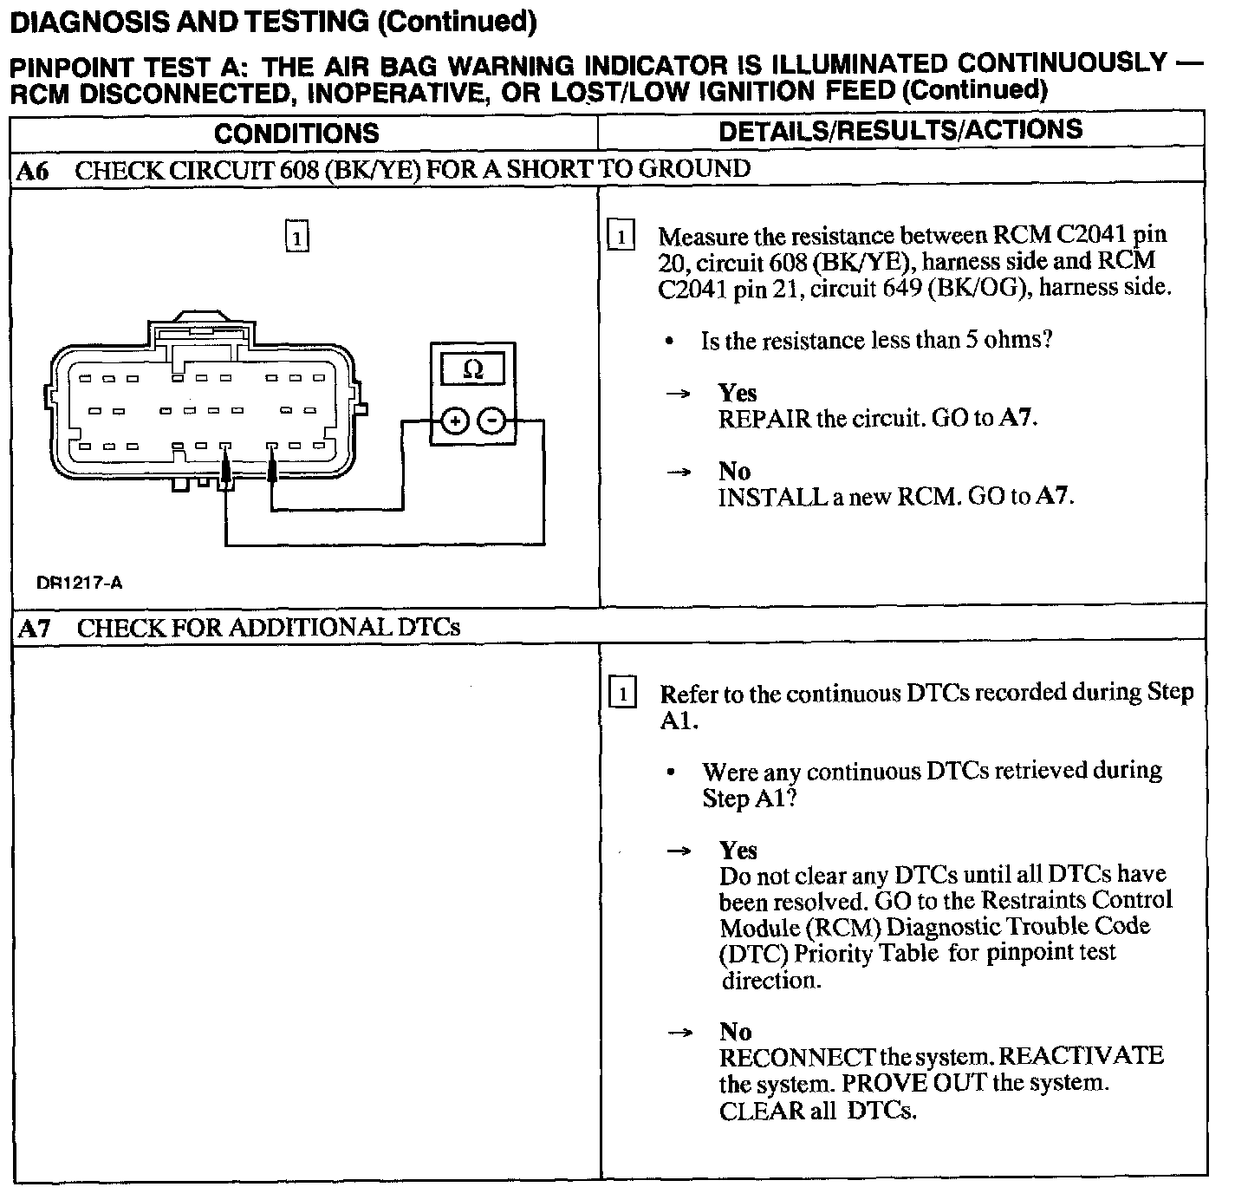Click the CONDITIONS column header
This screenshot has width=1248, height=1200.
click(x=296, y=133)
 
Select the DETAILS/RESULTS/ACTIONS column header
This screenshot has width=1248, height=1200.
click(x=900, y=130)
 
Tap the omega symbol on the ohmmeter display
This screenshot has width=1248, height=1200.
click(x=472, y=370)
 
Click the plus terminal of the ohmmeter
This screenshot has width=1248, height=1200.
click(x=454, y=421)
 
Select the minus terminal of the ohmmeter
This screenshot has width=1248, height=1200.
click(x=491, y=421)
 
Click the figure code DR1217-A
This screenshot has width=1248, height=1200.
click(x=79, y=583)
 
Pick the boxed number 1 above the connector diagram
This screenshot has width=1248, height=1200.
click(x=296, y=237)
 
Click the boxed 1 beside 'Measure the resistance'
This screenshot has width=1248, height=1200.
click(x=622, y=237)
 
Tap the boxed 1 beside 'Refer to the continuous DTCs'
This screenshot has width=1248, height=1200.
click(x=623, y=694)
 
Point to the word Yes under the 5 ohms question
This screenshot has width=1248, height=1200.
click(x=738, y=393)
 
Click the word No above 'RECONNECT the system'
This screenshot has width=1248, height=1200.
click(x=735, y=1032)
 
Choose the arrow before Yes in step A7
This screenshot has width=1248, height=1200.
click(x=679, y=851)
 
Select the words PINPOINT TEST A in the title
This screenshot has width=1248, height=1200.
click(x=118, y=66)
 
